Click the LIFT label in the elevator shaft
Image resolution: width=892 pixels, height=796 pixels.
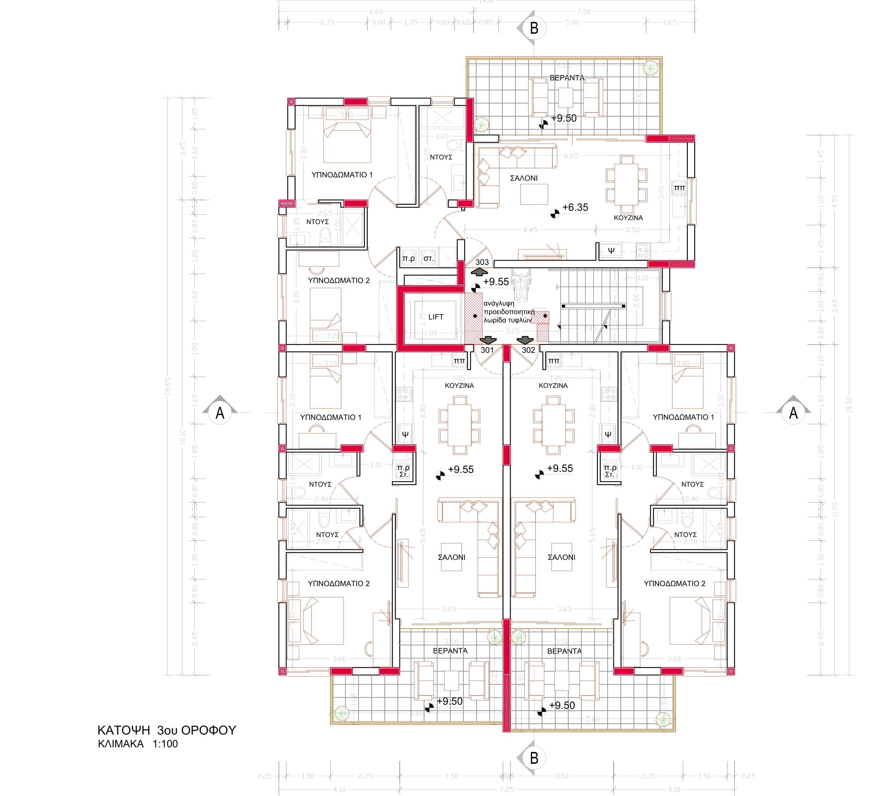(435, 317)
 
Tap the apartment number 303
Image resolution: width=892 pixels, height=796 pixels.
(482, 262)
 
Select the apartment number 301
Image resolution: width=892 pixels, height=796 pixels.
(487, 350)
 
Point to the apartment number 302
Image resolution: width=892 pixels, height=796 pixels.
(528, 350)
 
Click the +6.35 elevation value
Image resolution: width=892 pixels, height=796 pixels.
(575, 207)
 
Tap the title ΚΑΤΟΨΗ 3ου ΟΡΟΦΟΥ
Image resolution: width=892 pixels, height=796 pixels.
(166, 730)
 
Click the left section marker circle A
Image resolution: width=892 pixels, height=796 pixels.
(220, 413)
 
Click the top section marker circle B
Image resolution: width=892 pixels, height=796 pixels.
(534, 28)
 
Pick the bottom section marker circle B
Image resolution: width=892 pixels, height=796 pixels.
(534, 758)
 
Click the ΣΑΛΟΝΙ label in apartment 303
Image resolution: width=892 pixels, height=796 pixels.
(524, 178)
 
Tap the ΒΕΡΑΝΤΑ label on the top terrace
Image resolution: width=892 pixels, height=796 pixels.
(567, 78)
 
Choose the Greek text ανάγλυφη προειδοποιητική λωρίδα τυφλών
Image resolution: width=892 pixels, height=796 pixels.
(509, 311)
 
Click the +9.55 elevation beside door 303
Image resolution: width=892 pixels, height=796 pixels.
(496, 282)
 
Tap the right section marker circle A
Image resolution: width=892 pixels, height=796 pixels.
(793, 413)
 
